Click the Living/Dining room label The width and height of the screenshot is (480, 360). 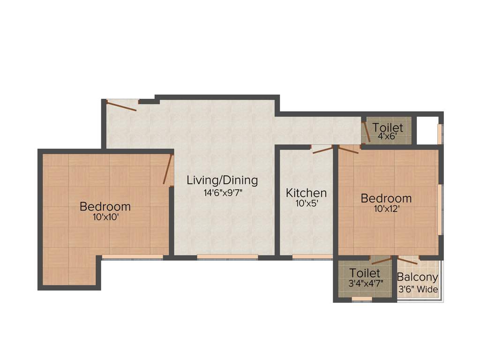click(222, 180)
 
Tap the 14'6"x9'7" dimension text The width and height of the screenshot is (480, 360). click(222, 192)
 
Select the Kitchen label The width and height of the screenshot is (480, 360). click(306, 193)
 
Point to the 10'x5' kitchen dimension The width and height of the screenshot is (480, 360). click(306, 204)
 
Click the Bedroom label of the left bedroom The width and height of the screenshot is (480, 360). click(105, 206)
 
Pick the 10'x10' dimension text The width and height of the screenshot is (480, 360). click(105, 217)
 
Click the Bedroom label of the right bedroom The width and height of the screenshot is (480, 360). click(386, 198)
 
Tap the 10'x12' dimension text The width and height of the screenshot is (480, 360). click(386, 209)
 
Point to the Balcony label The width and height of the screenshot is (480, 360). click(417, 277)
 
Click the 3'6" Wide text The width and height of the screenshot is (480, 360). click(417, 289)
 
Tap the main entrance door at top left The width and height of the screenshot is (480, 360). click(121, 105)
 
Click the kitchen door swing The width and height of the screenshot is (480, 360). click(322, 150)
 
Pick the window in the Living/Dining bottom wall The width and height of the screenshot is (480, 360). click(227, 256)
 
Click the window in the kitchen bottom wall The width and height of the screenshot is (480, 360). click(312, 256)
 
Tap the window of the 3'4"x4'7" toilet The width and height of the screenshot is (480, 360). click(362, 299)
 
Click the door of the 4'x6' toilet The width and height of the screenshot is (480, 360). click(367, 132)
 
